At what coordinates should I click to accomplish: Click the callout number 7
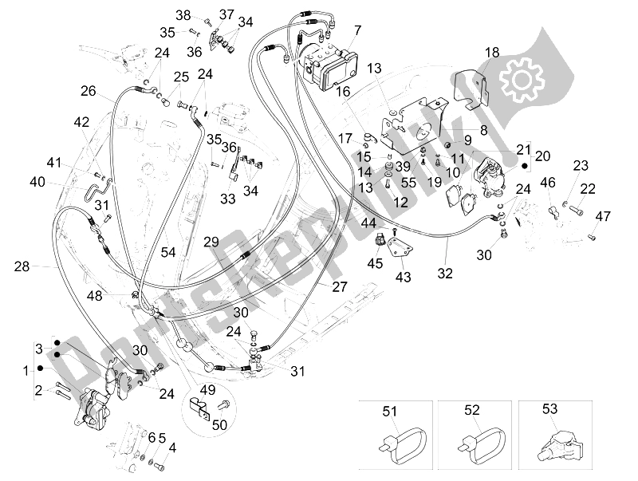pyautogui.click(x=356, y=30)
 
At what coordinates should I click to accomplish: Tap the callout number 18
pyautogui.click(x=492, y=52)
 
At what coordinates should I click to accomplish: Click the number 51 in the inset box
pyautogui.click(x=390, y=412)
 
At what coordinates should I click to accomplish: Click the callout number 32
pyautogui.click(x=444, y=273)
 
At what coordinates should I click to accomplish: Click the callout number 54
pyautogui.click(x=168, y=252)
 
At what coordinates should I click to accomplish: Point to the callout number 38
pyautogui.click(x=184, y=15)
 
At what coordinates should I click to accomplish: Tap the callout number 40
pyautogui.click(x=38, y=182)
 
